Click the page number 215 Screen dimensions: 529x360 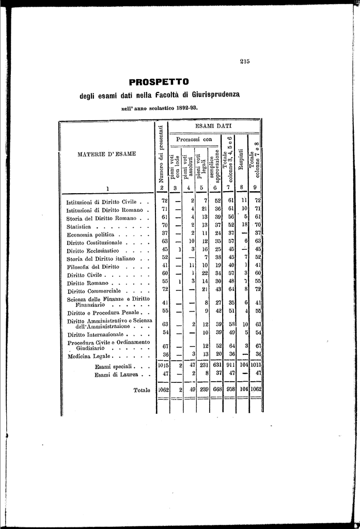point(245,61)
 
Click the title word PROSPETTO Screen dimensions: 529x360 point(159,82)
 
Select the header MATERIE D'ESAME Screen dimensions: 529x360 point(107,153)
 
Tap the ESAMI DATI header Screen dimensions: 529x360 point(213,126)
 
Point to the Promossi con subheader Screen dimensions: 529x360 point(194,139)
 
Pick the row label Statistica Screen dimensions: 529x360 point(79,226)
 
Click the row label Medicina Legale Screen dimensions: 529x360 point(89,356)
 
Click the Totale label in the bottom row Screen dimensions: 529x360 point(142,390)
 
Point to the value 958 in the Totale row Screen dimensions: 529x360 point(230,390)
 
